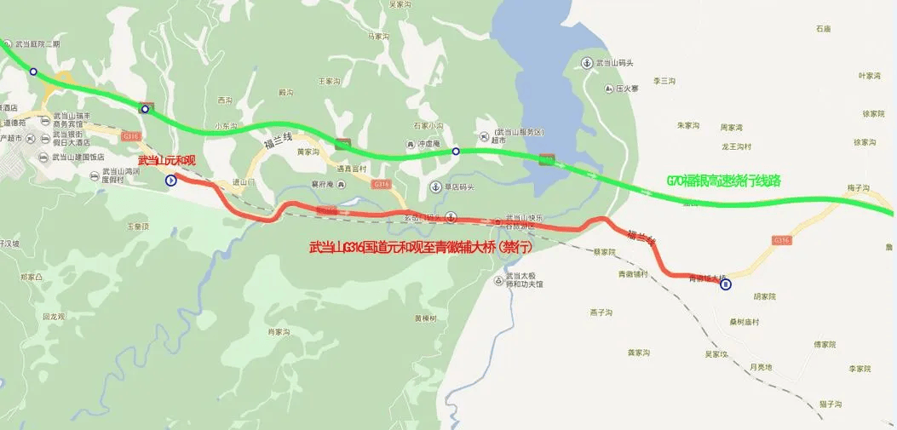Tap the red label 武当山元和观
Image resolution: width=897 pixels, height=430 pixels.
click(x=166, y=161)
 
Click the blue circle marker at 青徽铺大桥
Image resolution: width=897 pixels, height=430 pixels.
click(x=725, y=285)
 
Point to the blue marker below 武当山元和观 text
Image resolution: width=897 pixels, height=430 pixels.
click(x=170, y=180)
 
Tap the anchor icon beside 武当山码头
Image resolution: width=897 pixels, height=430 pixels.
click(x=587, y=63)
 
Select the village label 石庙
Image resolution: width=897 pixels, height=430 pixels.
click(x=822, y=29)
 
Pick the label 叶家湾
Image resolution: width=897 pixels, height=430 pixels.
click(x=870, y=76)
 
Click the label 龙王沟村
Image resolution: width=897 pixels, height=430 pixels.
click(x=736, y=146)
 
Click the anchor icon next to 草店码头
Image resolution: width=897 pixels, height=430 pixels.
click(x=435, y=186)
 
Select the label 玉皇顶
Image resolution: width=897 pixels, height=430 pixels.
click(x=138, y=226)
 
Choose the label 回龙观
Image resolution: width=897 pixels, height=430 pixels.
click(x=54, y=316)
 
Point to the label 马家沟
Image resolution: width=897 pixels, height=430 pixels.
click(x=377, y=37)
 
